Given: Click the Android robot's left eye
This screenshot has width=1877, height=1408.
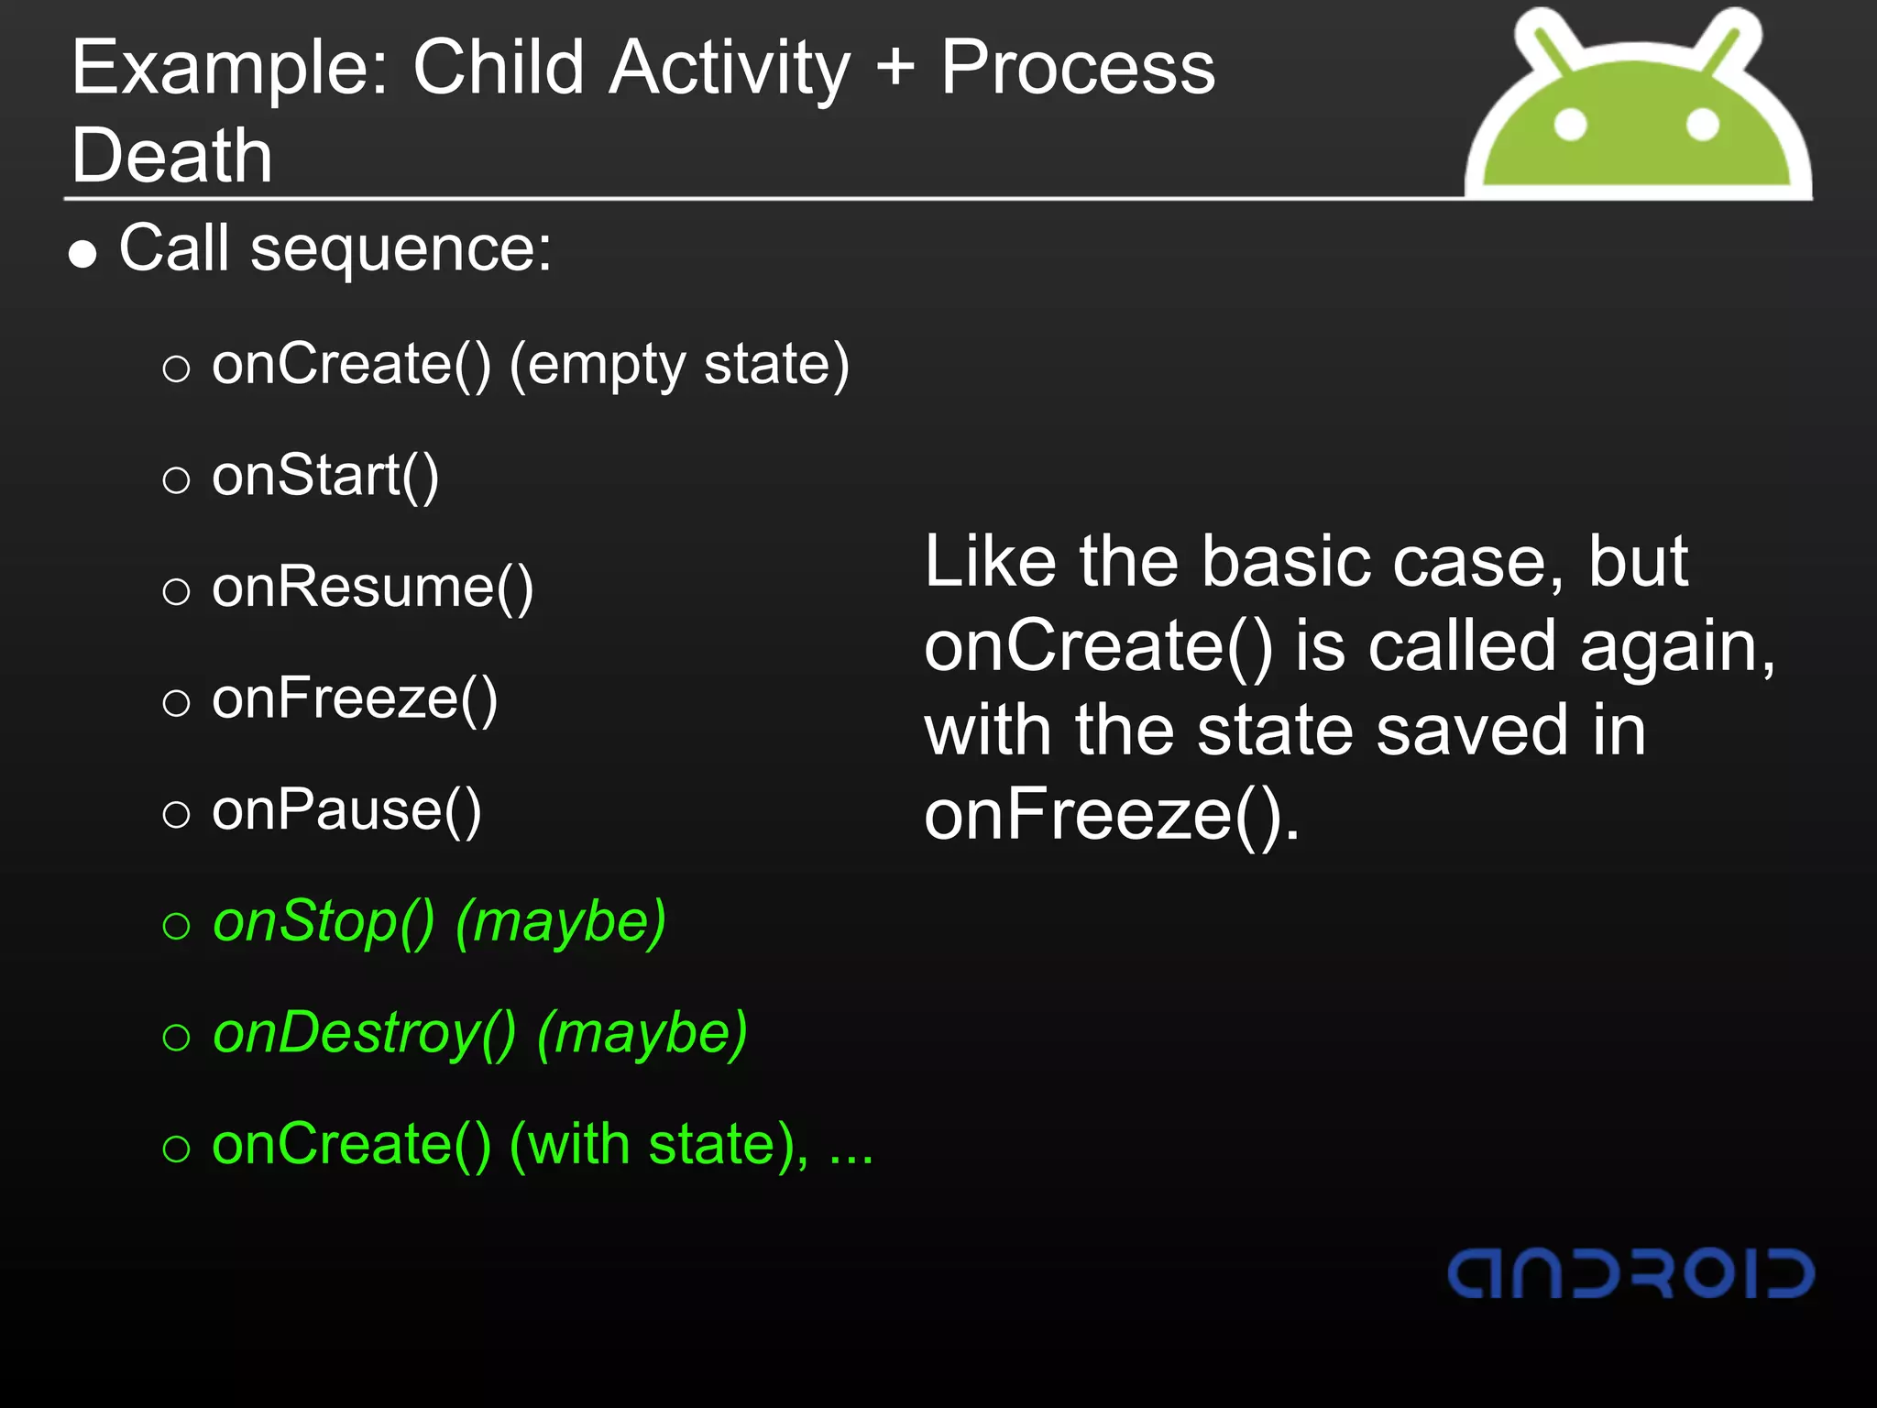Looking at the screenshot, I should [x=1571, y=124].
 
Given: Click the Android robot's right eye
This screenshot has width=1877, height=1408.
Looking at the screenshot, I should [x=1702, y=124].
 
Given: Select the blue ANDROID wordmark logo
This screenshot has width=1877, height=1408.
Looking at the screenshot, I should [x=1630, y=1273].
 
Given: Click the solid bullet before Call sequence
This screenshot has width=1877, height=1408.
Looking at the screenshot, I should [x=82, y=254].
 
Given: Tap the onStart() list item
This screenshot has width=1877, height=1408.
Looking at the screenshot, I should [x=325, y=476].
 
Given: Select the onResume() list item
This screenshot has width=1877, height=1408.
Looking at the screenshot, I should [x=372, y=588].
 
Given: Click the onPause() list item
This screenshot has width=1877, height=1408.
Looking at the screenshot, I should [x=346, y=811].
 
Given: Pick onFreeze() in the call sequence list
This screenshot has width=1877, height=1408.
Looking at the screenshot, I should [x=355, y=699].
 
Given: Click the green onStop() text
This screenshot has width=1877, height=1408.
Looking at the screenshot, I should [x=324, y=922].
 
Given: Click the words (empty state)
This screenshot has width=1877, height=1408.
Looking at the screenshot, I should [x=679, y=365].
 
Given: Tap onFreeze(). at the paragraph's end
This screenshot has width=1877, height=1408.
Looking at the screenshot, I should [x=1111, y=815].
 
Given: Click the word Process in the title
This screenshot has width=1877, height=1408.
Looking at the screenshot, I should [x=1078, y=69].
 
